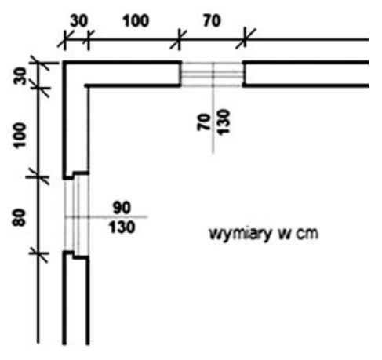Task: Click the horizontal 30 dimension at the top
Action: [79, 21]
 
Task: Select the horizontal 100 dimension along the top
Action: [136, 21]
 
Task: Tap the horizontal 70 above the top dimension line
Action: [212, 21]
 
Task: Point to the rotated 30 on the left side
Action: [20, 76]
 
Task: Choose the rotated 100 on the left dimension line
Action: [20, 136]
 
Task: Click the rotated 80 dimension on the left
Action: [20, 217]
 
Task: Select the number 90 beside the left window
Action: [122, 208]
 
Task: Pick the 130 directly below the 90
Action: [122, 227]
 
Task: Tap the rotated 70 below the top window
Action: [204, 122]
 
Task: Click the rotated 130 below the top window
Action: [224, 122]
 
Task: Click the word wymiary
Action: [238, 234]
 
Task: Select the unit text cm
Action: [307, 234]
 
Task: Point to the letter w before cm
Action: [284, 235]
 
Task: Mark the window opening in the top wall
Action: [212, 75]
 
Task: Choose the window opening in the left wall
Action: [77, 215]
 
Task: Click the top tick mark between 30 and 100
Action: [89, 40]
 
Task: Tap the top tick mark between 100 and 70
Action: [179, 40]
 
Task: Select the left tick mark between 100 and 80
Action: [38, 177]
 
